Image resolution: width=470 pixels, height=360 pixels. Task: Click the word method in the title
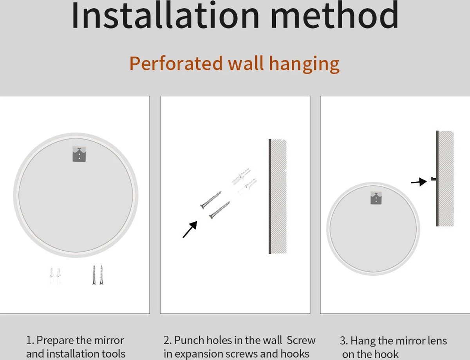[334, 15]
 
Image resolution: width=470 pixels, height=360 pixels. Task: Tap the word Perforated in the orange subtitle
[176, 63]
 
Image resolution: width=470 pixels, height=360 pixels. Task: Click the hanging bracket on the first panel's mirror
[79, 154]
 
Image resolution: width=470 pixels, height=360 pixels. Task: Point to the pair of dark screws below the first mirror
[98, 275]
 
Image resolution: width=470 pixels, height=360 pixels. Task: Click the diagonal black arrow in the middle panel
[190, 230]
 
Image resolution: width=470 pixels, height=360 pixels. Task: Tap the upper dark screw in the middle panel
[211, 200]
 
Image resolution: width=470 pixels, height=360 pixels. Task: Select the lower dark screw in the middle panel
[220, 210]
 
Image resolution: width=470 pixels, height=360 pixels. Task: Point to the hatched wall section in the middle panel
[278, 196]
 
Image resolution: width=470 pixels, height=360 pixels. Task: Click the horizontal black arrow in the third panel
[419, 182]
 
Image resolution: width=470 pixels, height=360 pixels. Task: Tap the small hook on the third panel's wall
[434, 179]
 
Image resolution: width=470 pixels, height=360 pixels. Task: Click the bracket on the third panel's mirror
[376, 198]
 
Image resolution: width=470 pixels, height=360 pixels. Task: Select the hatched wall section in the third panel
[445, 179]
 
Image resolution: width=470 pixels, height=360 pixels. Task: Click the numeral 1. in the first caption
[30, 340]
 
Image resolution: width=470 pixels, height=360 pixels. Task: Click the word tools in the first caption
[114, 354]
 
